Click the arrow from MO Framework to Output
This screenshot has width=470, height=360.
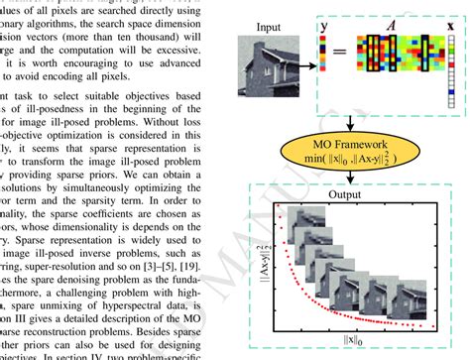pyautogui.click(x=351, y=180)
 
